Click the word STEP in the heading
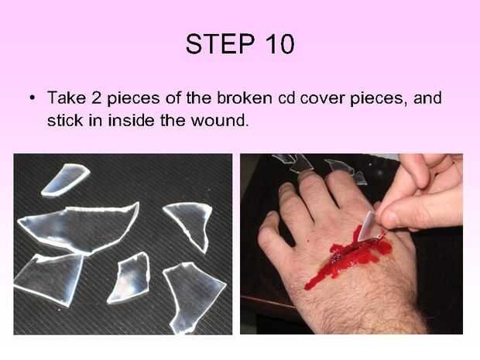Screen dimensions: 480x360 (x=220, y=44)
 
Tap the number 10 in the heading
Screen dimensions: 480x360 (x=279, y=44)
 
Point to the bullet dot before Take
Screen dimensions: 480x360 (x=32, y=98)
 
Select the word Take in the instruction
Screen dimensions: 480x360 (x=67, y=98)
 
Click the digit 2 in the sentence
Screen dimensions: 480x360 (x=97, y=98)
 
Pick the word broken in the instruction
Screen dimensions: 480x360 (x=245, y=98)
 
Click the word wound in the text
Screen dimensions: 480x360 (x=218, y=120)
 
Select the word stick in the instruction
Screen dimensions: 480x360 (x=65, y=120)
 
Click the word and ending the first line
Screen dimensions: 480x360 (x=427, y=98)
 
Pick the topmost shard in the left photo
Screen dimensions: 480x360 (x=65, y=180)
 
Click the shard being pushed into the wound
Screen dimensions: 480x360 (x=369, y=227)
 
